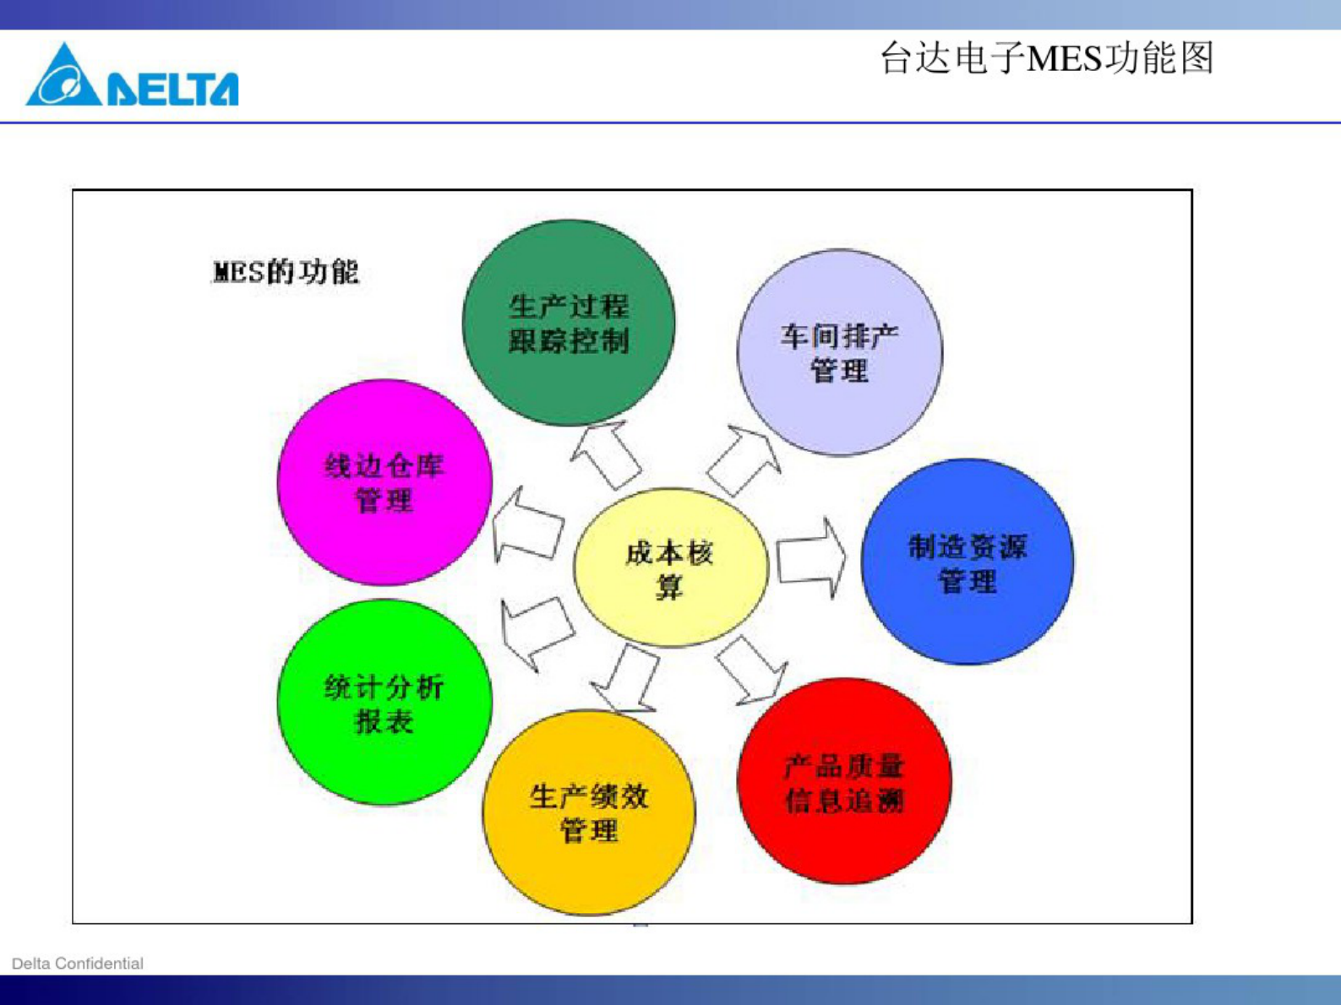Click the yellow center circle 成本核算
[670, 568]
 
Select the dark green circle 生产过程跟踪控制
[569, 323]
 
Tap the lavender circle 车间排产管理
[839, 352]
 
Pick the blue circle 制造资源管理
[968, 562]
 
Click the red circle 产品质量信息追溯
[844, 781]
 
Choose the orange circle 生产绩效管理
[589, 812]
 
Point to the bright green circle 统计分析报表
[384, 703]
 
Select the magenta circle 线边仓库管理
[384, 482]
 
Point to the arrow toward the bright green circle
[535, 630]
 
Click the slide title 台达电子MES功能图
[1046, 58]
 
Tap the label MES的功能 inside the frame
[286, 272]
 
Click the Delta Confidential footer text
[78, 964]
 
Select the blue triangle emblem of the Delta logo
[63, 79]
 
